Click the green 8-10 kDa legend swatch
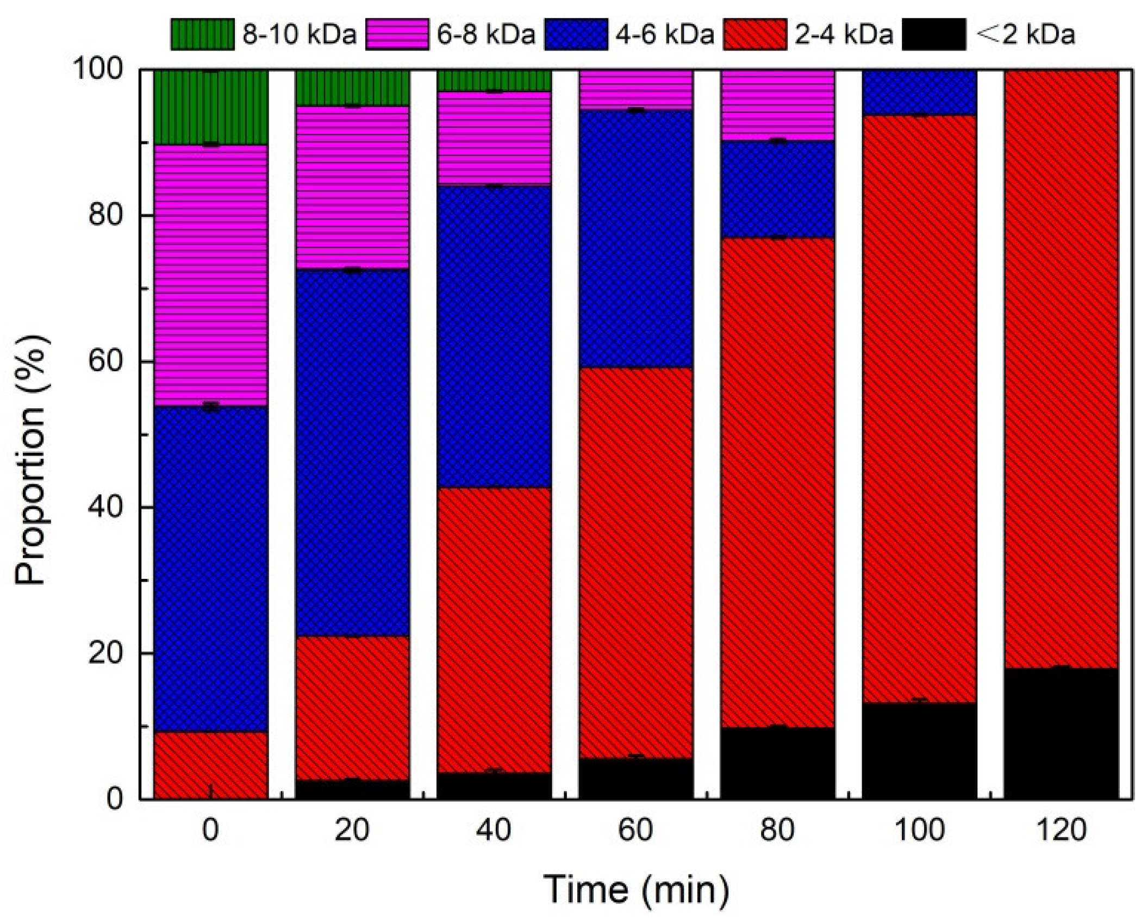tap(202, 34)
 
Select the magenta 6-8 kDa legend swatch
tap(396, 34)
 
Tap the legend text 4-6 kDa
tap(664, 34)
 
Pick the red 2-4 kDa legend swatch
tap(755, 34)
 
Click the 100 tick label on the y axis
tap(99, 70)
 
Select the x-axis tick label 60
tap(635, 830)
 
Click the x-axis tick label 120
tap(1061, 830)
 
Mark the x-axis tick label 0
tap(211, 830)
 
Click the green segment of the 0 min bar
tap(211, 107)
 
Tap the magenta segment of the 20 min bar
tap(352, 188)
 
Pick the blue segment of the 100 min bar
tap(919, 92)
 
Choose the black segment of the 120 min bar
tap(1061, 734)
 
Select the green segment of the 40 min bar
tap(494, 80)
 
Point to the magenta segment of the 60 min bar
tap(635, 90)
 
